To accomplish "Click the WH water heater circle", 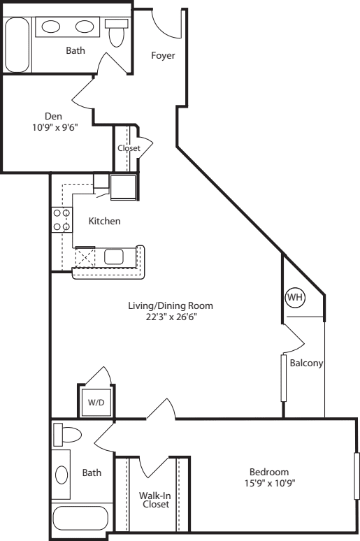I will (296, 297).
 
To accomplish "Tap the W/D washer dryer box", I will (94, 402).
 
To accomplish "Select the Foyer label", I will (163, 56).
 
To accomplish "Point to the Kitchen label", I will (105, 222).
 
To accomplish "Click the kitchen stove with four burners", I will (61, 219).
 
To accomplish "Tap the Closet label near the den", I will (129, 148).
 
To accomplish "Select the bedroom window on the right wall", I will (357, 477).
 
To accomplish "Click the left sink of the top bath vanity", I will (51, 27).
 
